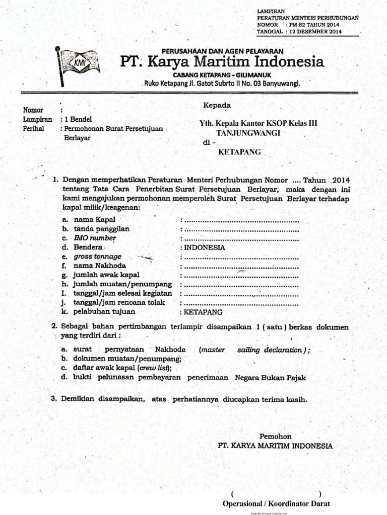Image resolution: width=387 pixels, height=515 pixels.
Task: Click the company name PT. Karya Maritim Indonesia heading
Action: coord(222,62)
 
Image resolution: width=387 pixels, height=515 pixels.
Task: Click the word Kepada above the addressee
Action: coord(217,105)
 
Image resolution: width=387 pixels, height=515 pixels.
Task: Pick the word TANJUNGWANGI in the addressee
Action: coord(248,133)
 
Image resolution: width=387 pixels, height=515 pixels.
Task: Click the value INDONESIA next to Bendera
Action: coord(204,247)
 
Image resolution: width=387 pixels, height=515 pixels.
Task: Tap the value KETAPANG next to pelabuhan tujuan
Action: coord(203,312)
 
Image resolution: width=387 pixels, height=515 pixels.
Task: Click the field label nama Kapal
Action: coord(94,220)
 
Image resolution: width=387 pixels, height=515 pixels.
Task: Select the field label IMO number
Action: coord(95,238)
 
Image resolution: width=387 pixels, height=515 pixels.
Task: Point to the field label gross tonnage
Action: coord(97,256)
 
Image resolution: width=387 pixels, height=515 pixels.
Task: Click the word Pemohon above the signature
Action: coord(275,436)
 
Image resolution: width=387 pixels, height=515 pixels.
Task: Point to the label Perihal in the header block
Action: coord(34,129)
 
